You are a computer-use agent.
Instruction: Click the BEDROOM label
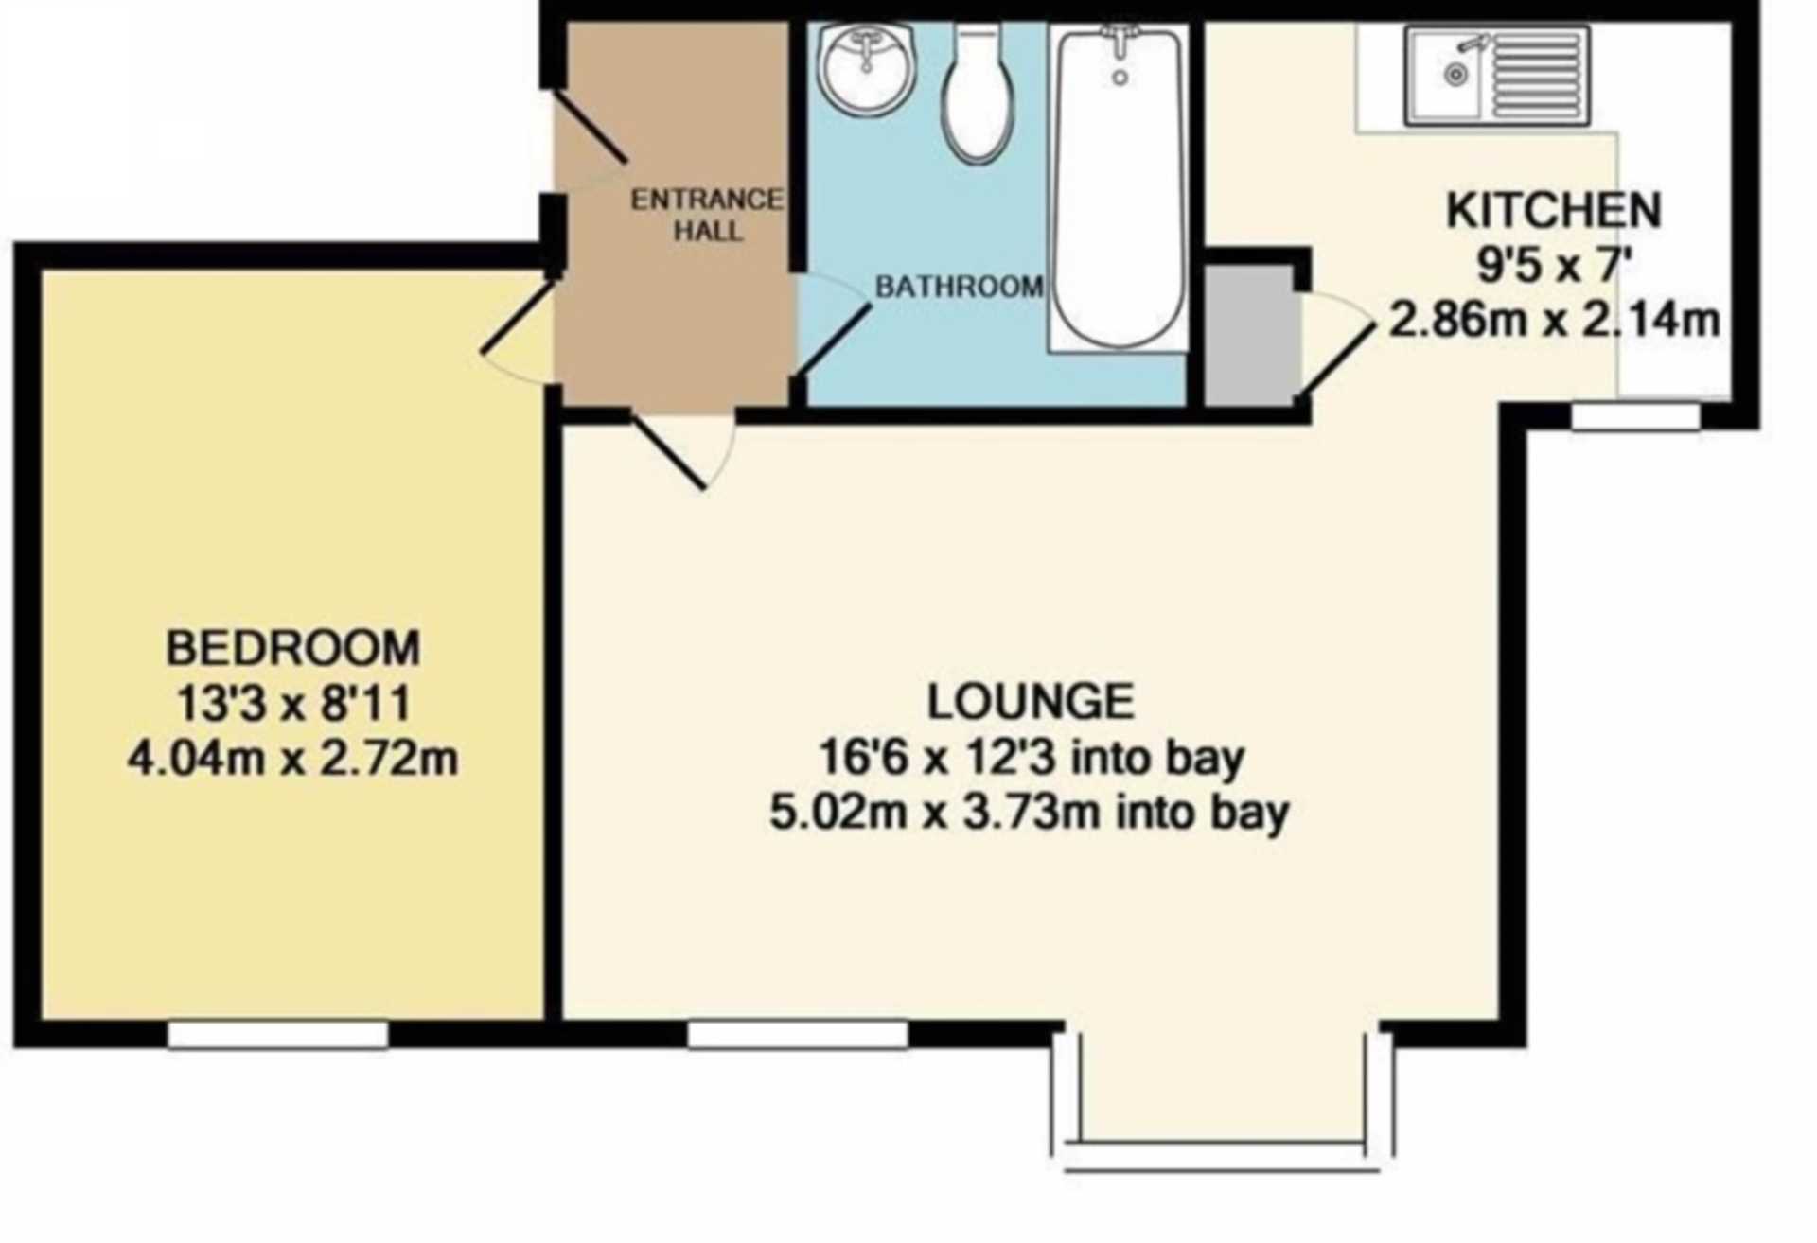click(293, 648)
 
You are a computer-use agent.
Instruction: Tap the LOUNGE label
click(1031, 701)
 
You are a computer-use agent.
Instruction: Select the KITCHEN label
click(1554, 210)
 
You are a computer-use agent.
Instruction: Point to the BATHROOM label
click(959, 287)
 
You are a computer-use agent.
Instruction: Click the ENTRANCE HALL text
click(707, 215)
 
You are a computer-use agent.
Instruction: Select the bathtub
click(1119, 188)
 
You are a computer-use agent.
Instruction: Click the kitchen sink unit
click(1497, 75)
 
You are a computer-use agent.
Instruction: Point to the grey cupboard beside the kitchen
click(1248, 335)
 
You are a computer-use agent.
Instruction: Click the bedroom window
click(278, 1034)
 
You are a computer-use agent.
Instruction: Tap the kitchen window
click(1635, 416)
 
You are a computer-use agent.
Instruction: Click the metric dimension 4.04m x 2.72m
click(293, 758)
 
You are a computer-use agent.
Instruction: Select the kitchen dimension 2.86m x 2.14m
click(1554, 320)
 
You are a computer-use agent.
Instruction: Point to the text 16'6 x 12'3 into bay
click(1031, 757)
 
